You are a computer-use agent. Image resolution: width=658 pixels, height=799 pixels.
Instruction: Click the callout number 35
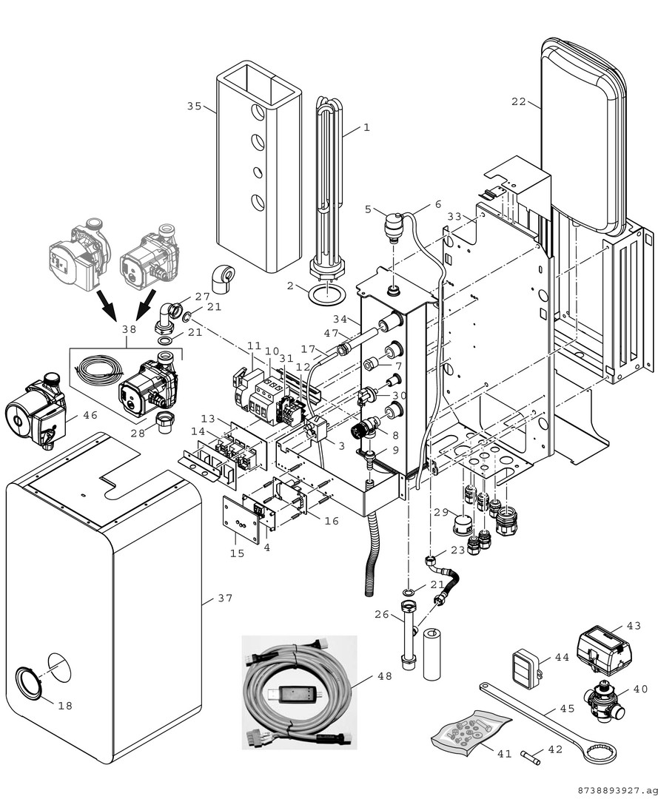coord(194,106)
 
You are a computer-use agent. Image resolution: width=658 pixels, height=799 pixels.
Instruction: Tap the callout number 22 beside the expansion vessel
coord(518,102)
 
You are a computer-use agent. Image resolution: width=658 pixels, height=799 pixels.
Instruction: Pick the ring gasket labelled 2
coord(326,294)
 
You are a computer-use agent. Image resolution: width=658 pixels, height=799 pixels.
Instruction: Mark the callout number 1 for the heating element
coord(366,127)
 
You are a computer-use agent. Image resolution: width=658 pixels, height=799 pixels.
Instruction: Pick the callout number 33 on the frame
coord(454,217)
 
